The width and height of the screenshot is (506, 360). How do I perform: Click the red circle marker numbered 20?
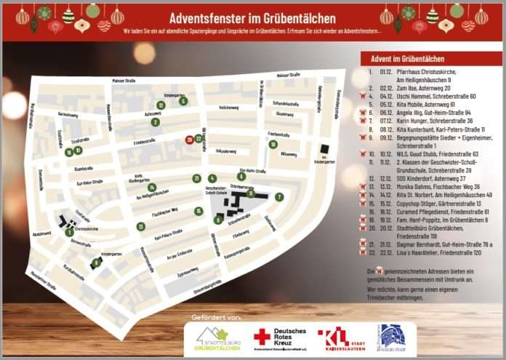189,139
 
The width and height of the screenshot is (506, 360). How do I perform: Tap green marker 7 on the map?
279,197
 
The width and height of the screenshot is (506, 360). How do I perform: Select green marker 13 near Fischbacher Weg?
140,226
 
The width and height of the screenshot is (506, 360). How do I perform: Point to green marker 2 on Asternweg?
155,122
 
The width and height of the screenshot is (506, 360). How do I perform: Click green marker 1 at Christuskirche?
69,232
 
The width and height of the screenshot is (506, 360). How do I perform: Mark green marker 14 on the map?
152,188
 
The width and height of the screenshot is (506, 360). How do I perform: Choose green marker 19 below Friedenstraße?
273,144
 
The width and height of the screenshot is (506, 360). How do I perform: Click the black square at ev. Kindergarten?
324,149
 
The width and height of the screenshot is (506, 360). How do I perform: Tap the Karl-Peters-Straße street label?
168,234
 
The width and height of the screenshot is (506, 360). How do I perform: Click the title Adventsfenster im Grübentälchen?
252,17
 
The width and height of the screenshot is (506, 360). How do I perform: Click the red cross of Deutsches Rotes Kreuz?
262,337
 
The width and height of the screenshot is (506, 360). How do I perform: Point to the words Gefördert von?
215,317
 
